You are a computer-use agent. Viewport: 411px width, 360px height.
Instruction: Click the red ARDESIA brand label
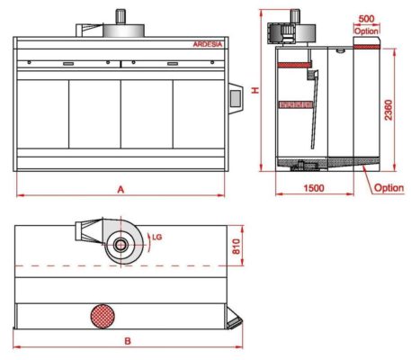208,43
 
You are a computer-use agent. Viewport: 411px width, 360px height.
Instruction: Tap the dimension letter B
127,341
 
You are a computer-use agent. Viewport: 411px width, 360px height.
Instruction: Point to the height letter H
255,91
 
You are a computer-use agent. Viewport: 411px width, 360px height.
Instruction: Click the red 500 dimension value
365,18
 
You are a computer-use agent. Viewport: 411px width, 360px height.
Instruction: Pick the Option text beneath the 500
365,30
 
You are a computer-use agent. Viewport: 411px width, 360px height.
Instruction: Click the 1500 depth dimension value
314,188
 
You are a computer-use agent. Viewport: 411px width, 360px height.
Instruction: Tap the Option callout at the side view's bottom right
389,188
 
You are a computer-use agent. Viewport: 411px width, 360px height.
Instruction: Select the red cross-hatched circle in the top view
103,315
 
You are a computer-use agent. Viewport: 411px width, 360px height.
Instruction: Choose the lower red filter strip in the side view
294,105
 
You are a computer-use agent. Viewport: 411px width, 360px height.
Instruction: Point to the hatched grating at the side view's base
298,164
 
